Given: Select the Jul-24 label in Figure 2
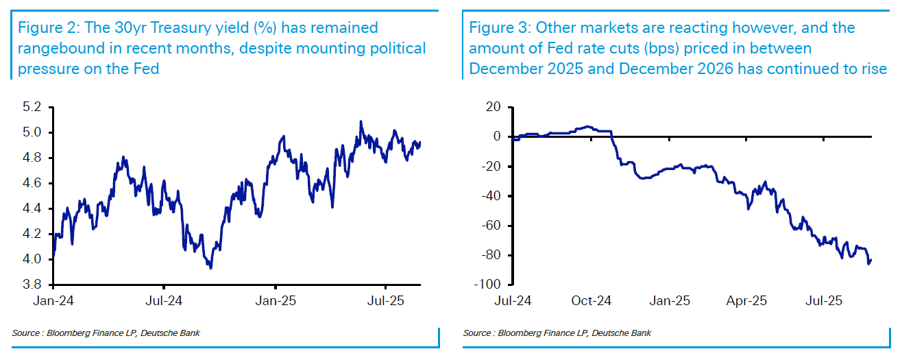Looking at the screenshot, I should click(164, 300).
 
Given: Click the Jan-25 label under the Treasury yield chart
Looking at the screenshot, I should click(276, 300).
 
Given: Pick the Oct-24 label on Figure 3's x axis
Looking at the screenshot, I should click(592, 300).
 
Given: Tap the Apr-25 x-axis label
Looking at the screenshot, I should click(746, 300).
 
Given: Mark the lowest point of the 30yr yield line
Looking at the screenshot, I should click(210, 267).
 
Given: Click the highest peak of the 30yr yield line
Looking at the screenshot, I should click(361, 121).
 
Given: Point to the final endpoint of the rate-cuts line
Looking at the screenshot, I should click(871, 259).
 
